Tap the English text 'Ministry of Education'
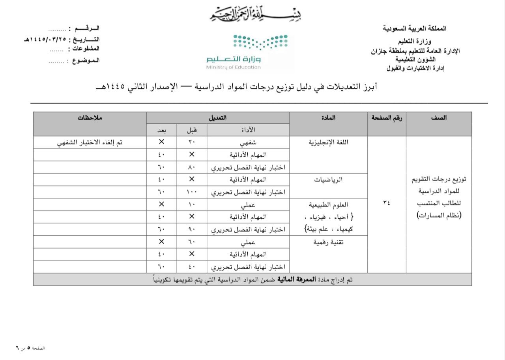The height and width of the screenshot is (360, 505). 233,67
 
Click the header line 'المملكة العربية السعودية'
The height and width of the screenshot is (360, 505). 415,29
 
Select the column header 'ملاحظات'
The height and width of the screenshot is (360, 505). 90,118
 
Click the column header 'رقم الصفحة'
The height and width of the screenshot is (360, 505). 387,118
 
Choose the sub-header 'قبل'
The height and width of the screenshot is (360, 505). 191,130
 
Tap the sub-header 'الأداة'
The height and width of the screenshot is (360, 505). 247,130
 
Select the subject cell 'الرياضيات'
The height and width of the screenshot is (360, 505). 328,180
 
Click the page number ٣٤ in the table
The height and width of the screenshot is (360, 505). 387,202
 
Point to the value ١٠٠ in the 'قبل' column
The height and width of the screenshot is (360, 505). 191,192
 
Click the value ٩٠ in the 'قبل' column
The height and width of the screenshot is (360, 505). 191,229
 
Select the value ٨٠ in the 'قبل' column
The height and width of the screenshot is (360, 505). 191,167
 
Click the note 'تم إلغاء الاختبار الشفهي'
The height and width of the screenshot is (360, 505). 90,142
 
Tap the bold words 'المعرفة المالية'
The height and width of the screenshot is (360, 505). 297,279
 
